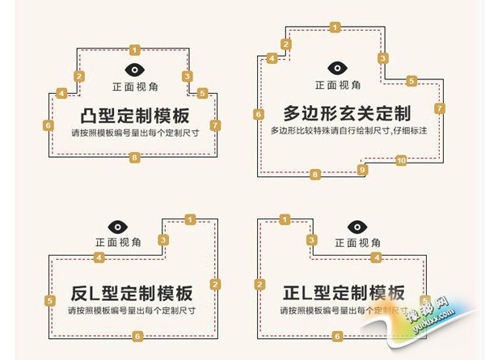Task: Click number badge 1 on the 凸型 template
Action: point(134,49)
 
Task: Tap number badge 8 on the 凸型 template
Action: point(134,158)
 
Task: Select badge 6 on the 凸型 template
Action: point(48,125)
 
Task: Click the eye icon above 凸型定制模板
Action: point(134,70)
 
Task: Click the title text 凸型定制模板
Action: point(135,114)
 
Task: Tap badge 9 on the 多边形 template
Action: point(362,169)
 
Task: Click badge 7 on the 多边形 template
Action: point(439,108)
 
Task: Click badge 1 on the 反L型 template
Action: point(190,219)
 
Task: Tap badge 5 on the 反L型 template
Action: point(50,301)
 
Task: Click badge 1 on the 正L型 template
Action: point(284,219)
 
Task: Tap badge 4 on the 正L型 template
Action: point(376,257)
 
